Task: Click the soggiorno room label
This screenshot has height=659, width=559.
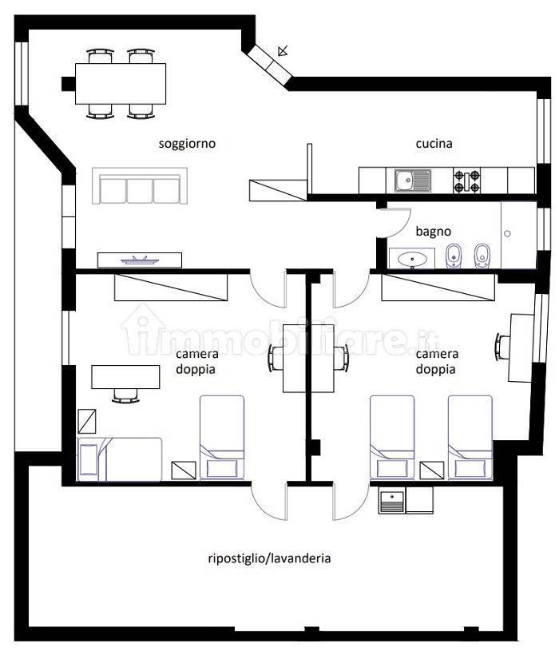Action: coord(187,144)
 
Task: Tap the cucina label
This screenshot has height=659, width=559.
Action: coord(434,144)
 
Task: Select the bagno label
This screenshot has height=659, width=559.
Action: coord(434,232)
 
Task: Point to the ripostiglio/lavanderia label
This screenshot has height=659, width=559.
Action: coord(269,558)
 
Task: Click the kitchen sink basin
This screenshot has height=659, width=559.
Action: coord(406,181)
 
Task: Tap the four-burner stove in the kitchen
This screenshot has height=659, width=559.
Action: coord(466,181)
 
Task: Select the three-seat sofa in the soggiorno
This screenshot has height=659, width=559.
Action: coord(140,186)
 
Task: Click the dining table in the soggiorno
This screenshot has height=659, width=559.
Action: coord(121,84)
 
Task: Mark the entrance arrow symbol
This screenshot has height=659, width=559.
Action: coord(283,51)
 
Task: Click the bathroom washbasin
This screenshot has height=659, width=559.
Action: coord(411,258)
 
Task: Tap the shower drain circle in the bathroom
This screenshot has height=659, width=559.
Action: coord(507,234)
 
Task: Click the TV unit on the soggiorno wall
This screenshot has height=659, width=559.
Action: coord(140,260)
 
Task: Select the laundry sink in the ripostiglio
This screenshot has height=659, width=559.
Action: coord(392,500)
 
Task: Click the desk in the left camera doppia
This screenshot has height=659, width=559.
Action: coord(125,377)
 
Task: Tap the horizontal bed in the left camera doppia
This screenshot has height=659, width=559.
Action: coord(119,459)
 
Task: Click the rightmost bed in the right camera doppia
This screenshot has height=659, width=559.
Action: coord(470,437)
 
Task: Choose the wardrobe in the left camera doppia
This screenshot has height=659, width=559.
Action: coord(171,288)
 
